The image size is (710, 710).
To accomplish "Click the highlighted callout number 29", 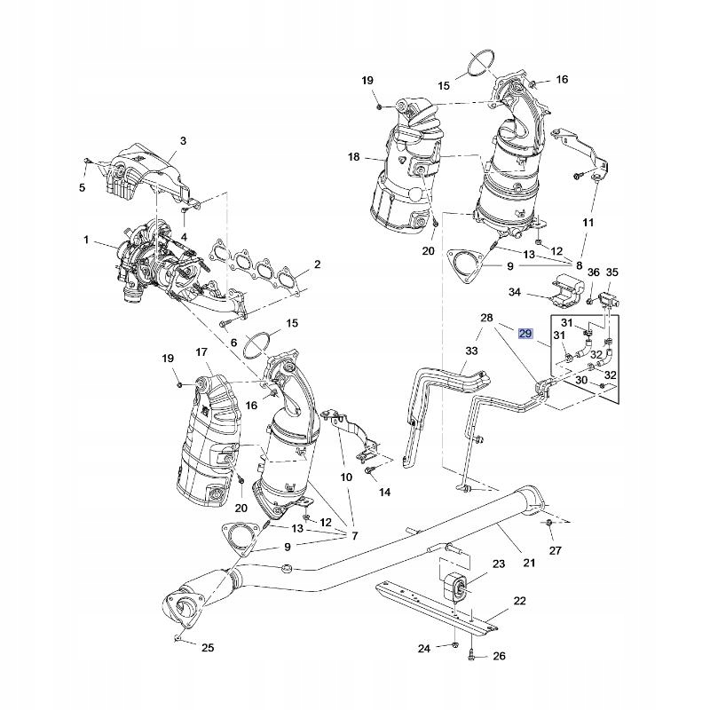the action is coord(525,334).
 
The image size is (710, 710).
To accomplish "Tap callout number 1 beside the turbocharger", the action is coord(86,240).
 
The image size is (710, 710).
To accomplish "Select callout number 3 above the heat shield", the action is coord(183,141).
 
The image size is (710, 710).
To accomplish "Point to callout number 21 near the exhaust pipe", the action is coord(529,563).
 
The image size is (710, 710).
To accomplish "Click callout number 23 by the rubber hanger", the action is coord(499,564).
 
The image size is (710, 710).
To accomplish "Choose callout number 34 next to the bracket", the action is coord(515,292).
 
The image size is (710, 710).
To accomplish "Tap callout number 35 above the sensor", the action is coord(611,272).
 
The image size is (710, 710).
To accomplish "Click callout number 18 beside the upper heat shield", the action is coord(353,157).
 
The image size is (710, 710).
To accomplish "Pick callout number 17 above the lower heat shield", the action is coord(201,351).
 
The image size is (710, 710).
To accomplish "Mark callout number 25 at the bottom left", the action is coord(208,648).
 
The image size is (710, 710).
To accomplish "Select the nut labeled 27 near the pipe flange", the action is coord(548,524).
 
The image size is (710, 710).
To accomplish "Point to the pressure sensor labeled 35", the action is coord(609,299).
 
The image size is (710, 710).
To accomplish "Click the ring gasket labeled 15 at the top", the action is coord(480,62).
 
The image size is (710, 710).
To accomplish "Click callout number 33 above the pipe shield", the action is coord(471,351).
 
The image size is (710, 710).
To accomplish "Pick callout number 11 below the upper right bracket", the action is coord(588,223).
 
